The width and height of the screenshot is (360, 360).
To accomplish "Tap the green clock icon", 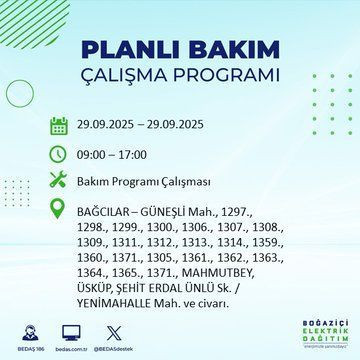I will (x=58, y=155).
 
